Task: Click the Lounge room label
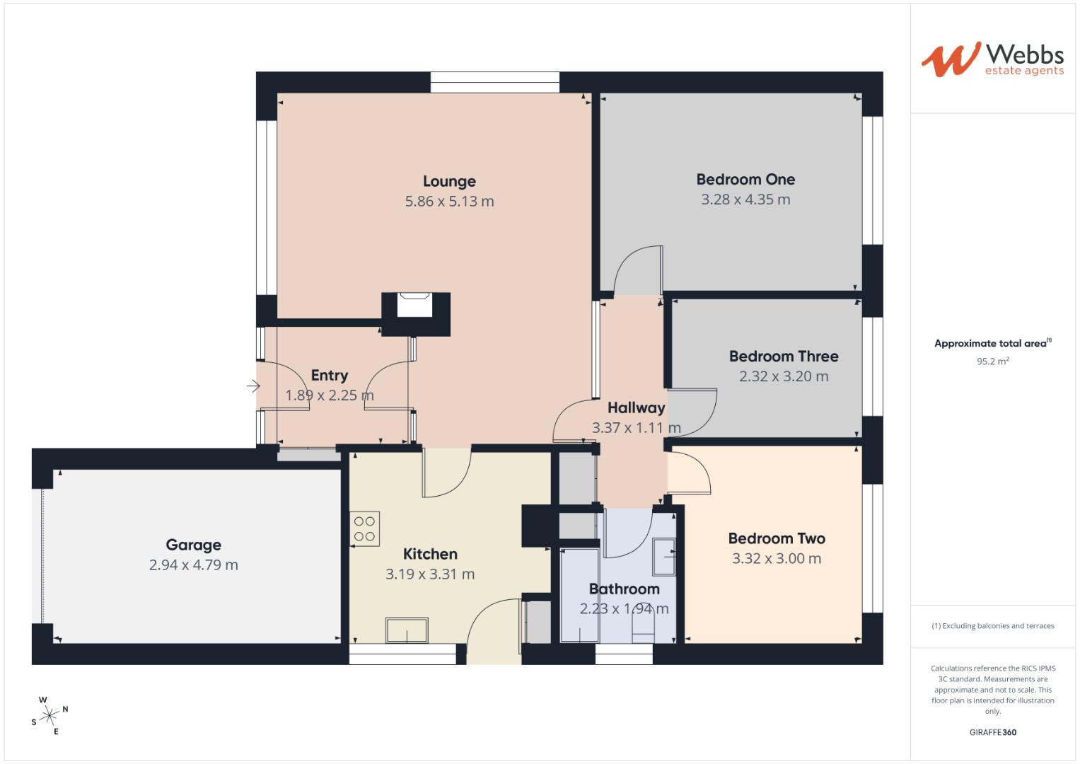coord(449,182)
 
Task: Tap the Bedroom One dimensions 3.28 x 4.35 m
coord(745,199)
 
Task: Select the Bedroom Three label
coord(784,357)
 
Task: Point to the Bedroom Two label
coord(777,538)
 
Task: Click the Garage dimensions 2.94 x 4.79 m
coord(193,565)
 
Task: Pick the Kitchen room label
coord(430,554)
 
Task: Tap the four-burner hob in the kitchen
coord(364,529)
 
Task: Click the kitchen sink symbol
coord(407,630)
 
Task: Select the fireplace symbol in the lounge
coord(414,306)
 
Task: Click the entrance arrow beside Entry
coord(253,386)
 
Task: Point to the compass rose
coord(50,716)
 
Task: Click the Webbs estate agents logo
coord(992,59)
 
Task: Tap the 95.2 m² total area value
coord(992,361)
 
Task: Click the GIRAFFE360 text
coord(992,732)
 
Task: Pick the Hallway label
coord(636,408)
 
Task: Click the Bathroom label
coord(624,589)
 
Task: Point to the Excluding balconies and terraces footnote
coord(992,626)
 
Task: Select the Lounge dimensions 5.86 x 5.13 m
coord(449,202)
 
